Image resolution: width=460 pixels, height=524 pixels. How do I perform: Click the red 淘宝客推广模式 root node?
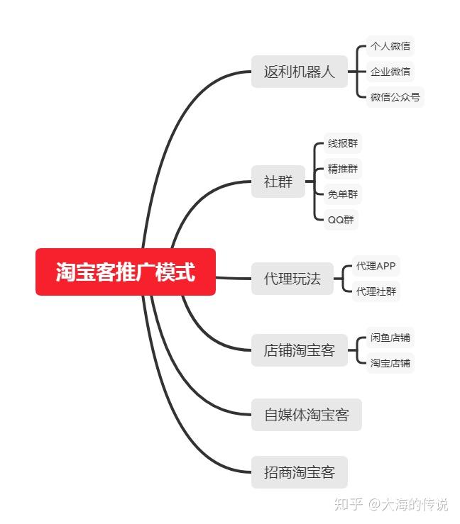(x=126, y=272)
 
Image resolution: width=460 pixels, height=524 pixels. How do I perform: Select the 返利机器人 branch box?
(x=299, y=72)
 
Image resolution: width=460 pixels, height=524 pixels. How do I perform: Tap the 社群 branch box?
(x=278, y=182)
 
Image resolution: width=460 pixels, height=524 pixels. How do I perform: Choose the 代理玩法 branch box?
(x=292, y=278)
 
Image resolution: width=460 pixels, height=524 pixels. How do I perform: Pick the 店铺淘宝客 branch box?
(x=299, y=350)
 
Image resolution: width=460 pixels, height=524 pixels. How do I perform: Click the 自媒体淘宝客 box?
(x=306, y=415)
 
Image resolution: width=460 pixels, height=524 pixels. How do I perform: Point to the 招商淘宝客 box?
(x=299, y=472)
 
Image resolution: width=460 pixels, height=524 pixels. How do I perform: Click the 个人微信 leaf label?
(x=390, y=47)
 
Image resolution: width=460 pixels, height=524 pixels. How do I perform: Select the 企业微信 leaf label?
(x=390, y=72)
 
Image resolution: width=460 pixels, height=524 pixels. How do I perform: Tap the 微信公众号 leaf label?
(x=395, y=96)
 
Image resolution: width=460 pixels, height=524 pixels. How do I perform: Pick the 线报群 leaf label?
(x=343, y=143)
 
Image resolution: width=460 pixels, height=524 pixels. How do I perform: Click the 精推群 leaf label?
(x=343, y=169)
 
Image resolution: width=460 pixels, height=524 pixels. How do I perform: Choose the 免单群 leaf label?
(x=343, y=194)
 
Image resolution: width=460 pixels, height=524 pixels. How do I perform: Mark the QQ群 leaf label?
(x=340, y=219)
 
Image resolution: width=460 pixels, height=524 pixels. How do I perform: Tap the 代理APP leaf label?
(x=376, y=266)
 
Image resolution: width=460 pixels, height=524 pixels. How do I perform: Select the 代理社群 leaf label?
(x=376, y=291)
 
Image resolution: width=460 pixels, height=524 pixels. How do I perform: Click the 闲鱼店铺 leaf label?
(x=390, y=338)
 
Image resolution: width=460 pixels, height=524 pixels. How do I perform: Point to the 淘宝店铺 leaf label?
(x=390, y=363)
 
